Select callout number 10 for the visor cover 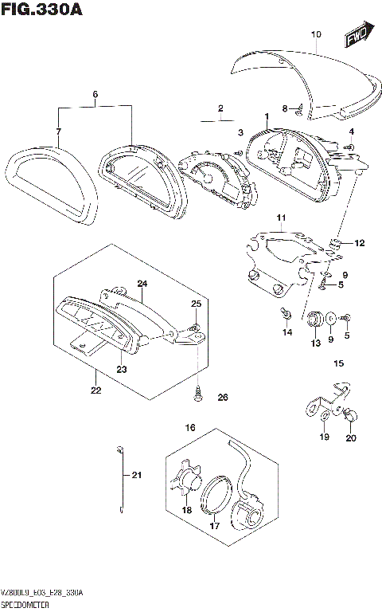(x=315, y=34)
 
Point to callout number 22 (x=95, y=390)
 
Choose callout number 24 (x=142, y=284)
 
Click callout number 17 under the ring (x=214, y=525)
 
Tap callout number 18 (x=187, y=509)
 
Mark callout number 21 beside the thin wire (x=135, y=477)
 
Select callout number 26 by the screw (x=223, y=398)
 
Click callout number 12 (x=359, y=243)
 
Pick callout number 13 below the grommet (x=315, y=343)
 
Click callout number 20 (x=351, y=437)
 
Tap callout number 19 (x=324, y=437)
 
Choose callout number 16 (x=190, y=428)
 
